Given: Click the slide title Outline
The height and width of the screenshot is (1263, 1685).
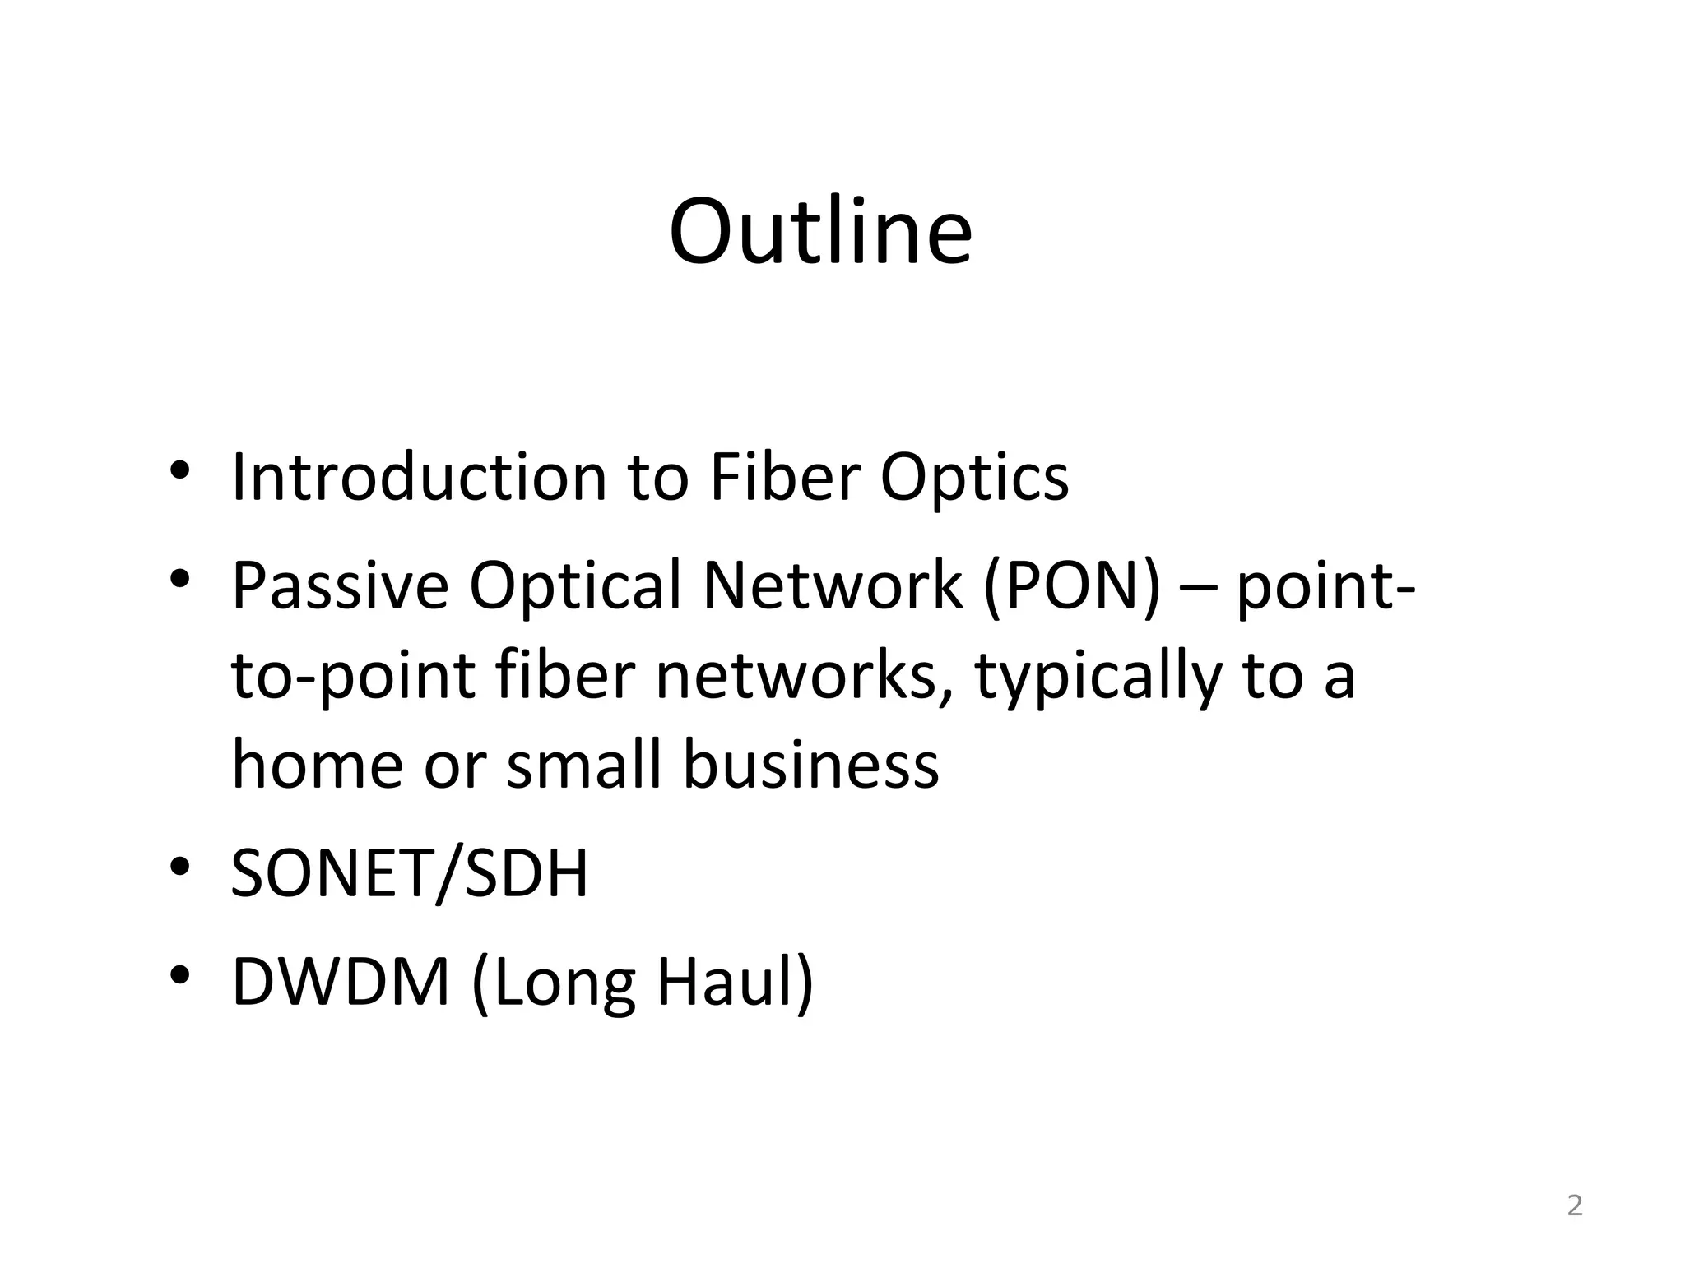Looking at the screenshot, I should (820, 232).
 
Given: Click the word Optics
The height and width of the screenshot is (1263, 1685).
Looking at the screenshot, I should (974, 479).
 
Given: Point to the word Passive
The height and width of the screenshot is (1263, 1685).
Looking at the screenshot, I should (340, 585).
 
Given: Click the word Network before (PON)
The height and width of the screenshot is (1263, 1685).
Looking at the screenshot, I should (832, 585).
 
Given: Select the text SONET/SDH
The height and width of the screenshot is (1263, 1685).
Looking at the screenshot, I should (410, 873).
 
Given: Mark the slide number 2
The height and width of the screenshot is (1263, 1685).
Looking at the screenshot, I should (1574, 1205).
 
